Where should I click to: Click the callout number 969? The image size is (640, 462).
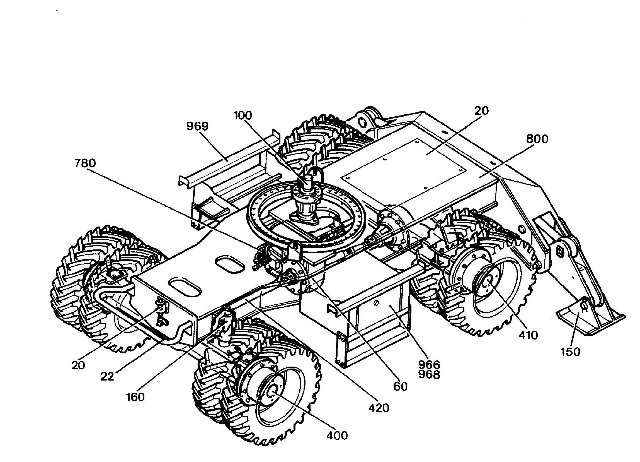click(x=197, y=126)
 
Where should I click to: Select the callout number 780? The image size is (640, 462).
click(x=85, y=163)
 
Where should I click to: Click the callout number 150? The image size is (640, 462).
click(x=570, y=352)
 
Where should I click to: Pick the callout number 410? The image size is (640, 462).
click(x=528, y=335)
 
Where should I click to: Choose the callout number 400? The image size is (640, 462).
click(x=337, y=435)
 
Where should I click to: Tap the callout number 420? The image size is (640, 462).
click(x=379, y=408)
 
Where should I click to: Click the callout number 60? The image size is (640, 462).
click(x=401, y=387)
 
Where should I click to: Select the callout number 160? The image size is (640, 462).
click(x=135, y=397)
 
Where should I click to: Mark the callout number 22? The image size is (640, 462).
click(x=107, y=376)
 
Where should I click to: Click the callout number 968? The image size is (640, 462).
click(x=429, y=374)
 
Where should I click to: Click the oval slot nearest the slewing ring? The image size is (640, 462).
click(x=229, y=264)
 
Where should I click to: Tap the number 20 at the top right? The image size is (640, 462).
click(x=481, y=111)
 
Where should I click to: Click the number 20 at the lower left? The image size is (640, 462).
click(x=78, y=365)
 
